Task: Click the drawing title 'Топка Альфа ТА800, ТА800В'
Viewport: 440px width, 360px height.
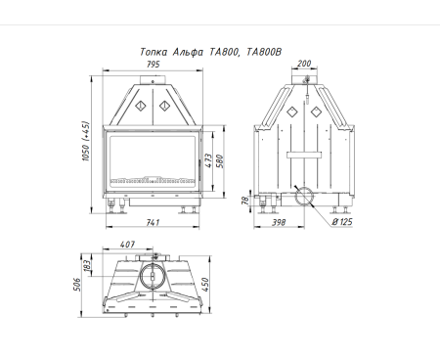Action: pyautogui.click(x=211, y=52)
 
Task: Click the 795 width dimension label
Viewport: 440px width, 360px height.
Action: pyautogui.click(x=153, y=65)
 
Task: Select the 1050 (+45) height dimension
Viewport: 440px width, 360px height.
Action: pyautogui.click(x=85, y=141)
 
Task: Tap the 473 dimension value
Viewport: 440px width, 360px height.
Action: pyautogui.click(x=208, y=160)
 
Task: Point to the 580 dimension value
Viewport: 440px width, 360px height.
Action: pyautogui.click(x=220, y=161)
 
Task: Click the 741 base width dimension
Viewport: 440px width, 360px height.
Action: pyautogui.click(x=153, y=222)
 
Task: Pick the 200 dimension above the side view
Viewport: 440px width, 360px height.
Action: pyautogui.click(x=304, y=64)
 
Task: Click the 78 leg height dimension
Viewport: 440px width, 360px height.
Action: pyautogui.click(x=245, y=201)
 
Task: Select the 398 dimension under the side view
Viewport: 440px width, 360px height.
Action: pyautogui.click(x=279, y=222)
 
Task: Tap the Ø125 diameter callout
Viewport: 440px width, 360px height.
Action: pyautogui.click(x=342, y=222)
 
